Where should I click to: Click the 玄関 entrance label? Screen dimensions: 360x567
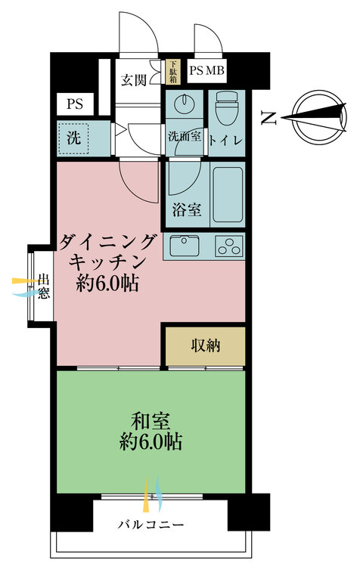(x=134, y=80)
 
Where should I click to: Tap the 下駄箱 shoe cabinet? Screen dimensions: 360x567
(x=173, y=72)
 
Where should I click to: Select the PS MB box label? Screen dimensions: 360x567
(x=207, y=70)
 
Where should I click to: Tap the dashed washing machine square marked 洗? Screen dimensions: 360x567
(x=74, y=138)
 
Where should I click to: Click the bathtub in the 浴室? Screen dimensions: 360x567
(x=227, y=194)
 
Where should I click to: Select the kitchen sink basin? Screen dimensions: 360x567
(x=185, y=246)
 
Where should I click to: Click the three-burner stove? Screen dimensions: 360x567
(x=228, y=246)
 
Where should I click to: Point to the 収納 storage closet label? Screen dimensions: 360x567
(x=206, y=345)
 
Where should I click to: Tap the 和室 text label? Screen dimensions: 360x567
(x=151, y=421)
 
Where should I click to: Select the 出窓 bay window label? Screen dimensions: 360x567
(x=44, y=287)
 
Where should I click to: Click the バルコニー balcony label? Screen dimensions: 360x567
(x=151, y=524)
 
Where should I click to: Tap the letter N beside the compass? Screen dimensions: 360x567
(x=269, y=118)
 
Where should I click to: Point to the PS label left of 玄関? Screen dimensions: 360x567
(x=75, y=104)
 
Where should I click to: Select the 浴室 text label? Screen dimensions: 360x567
(x=186, y=209)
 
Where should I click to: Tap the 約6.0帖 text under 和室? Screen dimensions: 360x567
(x=151, y=442)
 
